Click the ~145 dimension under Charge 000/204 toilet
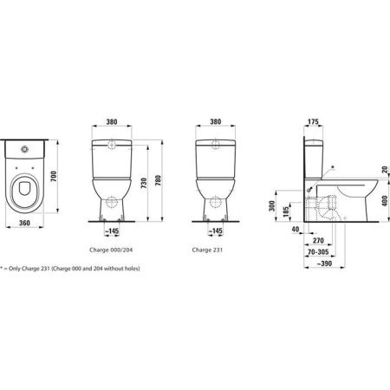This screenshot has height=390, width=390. tap(114, 232)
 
